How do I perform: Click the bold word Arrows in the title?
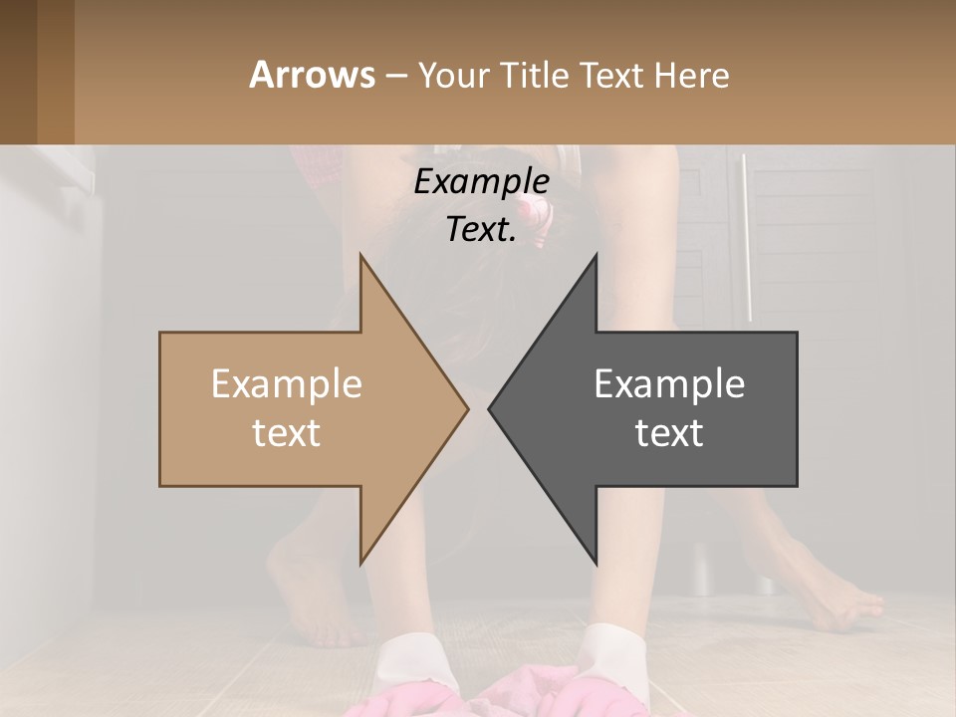312,75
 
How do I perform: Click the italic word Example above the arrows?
481,182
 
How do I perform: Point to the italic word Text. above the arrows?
481,229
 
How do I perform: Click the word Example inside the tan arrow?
287,383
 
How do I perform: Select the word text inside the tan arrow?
287,432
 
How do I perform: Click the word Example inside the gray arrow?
669,383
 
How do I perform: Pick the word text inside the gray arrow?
669,432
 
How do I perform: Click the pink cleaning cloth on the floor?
518,687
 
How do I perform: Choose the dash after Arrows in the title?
394,77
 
